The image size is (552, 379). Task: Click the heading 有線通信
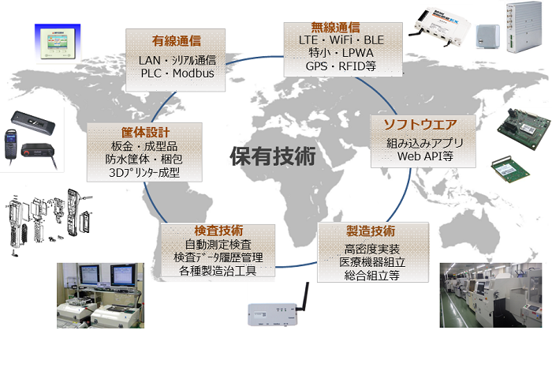[x=177, y=41]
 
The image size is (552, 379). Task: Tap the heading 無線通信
[x=335, y=27]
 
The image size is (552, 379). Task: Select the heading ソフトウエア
[x=420, y=125]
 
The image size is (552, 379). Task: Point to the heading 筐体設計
[x=145, y=132]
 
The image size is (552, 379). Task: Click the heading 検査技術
[x=218, y=231]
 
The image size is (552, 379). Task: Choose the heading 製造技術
[x=371, y=231]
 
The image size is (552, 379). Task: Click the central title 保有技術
[x=273, y=156]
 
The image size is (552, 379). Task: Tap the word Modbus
[x=193, y=73]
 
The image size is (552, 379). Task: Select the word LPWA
[x=358, y=53]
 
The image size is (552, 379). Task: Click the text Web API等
[x=425, y=156]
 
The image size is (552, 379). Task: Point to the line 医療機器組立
[x=372, y=262]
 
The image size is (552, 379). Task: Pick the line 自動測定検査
[x=218, y=244]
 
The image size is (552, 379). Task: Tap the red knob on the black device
[x=27, y=152]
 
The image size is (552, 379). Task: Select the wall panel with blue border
[x=58, y=43]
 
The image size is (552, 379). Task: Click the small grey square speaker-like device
[x=488, y=36]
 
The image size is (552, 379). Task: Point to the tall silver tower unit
[x=524, y=27]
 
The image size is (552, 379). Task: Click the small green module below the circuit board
[x=510, y=169]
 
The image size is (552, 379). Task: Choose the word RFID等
[x=357, y=66]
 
